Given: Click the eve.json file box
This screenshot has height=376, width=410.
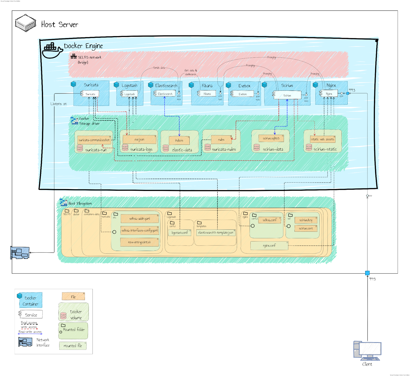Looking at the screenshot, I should pyautogui.click(x=139, y=140).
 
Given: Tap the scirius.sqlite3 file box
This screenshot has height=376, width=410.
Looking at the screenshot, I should pyautogui.click(x=271, y=138).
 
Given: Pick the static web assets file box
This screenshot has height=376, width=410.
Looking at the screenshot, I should pyautogui.click(x=322, y=139).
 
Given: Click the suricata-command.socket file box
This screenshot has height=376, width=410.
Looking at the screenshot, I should pyautogui.click(x=94, y=140).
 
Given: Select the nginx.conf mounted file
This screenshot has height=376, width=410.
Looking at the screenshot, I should pyautogui.click(x=269, y=246).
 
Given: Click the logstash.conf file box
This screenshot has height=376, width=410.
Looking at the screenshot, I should pyautogui.click(x=180, y=233).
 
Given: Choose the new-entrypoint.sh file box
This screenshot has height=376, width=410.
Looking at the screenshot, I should pyautogui.click(x=139, y=242).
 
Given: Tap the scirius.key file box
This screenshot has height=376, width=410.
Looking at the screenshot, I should pyautogui.click(x=306, y=220).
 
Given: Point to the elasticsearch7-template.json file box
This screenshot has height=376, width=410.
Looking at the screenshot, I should pyautogui.click(x=216, y=233).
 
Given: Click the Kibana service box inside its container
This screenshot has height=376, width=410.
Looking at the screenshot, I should pyautogui.click(x=207, y=94).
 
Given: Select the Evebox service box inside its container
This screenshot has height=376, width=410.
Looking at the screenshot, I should pyautogui.click(x=243, y=94).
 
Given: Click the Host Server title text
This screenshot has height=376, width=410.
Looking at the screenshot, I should pyautogui.click(x=59, y=25).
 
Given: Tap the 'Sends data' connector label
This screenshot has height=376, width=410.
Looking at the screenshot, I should pyautogui.click(x=159, y=68).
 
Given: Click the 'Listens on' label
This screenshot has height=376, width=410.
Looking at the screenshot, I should pyautogui.click(x=58, y=104).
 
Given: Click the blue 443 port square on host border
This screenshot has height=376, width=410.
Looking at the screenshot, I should pyautogui.click(x=367, y=273).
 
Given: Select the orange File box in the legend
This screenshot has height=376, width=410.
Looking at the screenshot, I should pyautogui.click(x=73, y=297).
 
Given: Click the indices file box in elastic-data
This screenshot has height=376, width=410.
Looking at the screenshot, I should pyautogui.click(x=179, y=140).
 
